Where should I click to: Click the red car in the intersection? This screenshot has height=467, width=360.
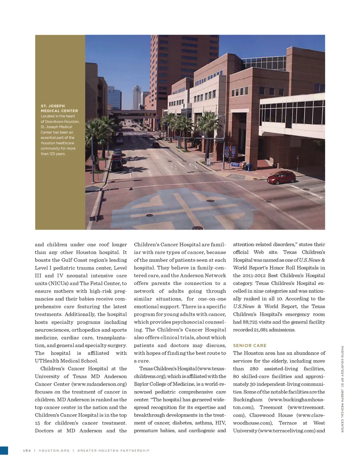(x=281, y=177)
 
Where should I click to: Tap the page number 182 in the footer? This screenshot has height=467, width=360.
(x=27, y=450)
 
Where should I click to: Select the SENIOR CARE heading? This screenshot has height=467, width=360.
(x=250, y=345)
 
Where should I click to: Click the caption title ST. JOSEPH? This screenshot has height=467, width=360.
(x=53, y=106)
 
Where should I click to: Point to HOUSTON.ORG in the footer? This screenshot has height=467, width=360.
(x=54, y=450)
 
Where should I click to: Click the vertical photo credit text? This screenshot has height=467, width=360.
(x=342, y=389)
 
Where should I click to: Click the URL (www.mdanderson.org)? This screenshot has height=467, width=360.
(x=99, y=384)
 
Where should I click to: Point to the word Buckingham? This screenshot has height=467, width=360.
(x=248, y=400)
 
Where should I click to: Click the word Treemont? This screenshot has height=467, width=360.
(x=271, y=407)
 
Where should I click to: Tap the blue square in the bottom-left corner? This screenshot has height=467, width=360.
(x=4, y=450)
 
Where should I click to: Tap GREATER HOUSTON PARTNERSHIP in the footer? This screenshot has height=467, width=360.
(x=113, y=450)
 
